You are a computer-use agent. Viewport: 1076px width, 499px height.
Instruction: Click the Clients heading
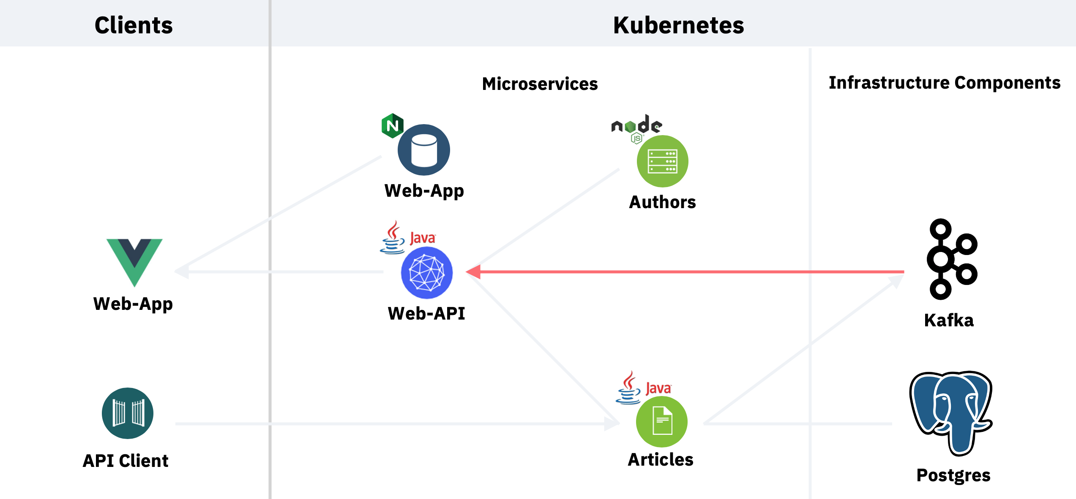[x=134, y=25]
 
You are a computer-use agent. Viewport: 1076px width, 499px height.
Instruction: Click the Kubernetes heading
[x=678, y=25]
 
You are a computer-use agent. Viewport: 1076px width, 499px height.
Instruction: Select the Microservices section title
[x=540, y=84]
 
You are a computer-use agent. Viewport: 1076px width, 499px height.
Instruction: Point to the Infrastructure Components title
[x=945, y=83]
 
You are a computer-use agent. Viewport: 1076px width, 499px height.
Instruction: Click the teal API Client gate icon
[x=128, y=413]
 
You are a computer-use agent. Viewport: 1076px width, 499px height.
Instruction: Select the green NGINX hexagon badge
[x=392, y=126]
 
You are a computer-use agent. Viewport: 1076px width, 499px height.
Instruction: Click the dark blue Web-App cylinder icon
[x=424, y=150]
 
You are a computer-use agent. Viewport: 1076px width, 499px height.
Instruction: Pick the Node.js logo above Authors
[x=636, y=128]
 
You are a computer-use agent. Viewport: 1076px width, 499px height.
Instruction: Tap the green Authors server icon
[x=662, y=161]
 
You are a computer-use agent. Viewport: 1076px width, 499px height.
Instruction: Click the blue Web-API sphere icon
[x=427, y=273]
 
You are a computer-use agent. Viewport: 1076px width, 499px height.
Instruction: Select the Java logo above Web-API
[x=407, y=237]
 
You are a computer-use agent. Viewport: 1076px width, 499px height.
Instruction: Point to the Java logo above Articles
[x=643, y=388]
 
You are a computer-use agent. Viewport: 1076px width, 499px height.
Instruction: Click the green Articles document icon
[x=662, y=421]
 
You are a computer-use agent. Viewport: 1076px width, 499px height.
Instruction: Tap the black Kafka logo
[x=952, y=259]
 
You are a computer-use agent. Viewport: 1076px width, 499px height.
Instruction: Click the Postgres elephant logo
[x=951, y=413]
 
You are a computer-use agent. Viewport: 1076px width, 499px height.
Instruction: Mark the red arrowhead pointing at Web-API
[x=473, y=272]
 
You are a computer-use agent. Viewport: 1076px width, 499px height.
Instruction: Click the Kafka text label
[x=949, y=320]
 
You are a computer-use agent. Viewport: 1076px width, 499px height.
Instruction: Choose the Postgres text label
[x=953, y=475]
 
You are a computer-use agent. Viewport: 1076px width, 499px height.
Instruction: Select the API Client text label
[x=126, y=461]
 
